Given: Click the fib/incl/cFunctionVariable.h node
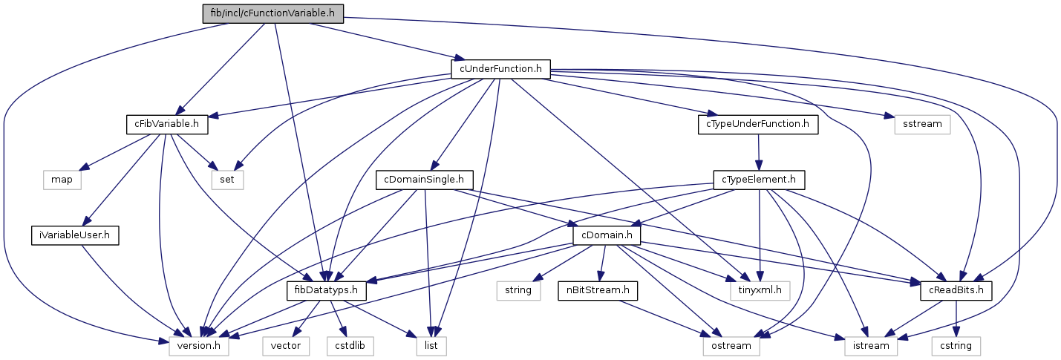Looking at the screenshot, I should (273, 13).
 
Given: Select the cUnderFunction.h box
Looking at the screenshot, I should (501, 69).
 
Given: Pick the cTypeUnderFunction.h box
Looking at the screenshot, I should (758, 124).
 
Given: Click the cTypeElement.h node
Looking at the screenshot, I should (758, 180).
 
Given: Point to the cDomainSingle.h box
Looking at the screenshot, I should (424, 180).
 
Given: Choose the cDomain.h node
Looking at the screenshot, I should (607, 235).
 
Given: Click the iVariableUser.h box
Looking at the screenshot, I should (75, 235).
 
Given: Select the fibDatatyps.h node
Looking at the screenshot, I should (327, 290).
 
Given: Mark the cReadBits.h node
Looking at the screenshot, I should (956, 290).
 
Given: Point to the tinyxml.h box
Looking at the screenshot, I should (759, 290).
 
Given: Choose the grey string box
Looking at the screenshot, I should (518, 290).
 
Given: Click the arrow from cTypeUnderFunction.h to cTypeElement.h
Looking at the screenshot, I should (758, 152).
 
